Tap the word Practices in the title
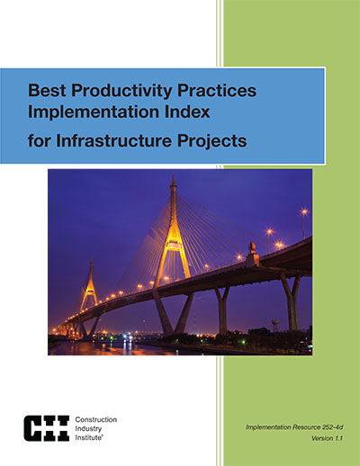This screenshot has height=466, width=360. (x=217, y=90)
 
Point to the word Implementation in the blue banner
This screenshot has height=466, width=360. (x=94, y=112)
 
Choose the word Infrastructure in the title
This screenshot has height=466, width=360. (x=114, y=140)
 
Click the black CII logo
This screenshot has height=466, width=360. (x=47, y=428)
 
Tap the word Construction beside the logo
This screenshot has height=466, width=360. (x=96, y=419)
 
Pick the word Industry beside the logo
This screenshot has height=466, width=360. (x=88, y=429)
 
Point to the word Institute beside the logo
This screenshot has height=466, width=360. (x=88, y=437)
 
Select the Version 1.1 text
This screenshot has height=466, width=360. (x=327, y=438)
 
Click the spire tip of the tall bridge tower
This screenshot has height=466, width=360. (x=173, y=175)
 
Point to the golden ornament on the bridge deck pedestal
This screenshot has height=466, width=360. (x=252, y=246)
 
